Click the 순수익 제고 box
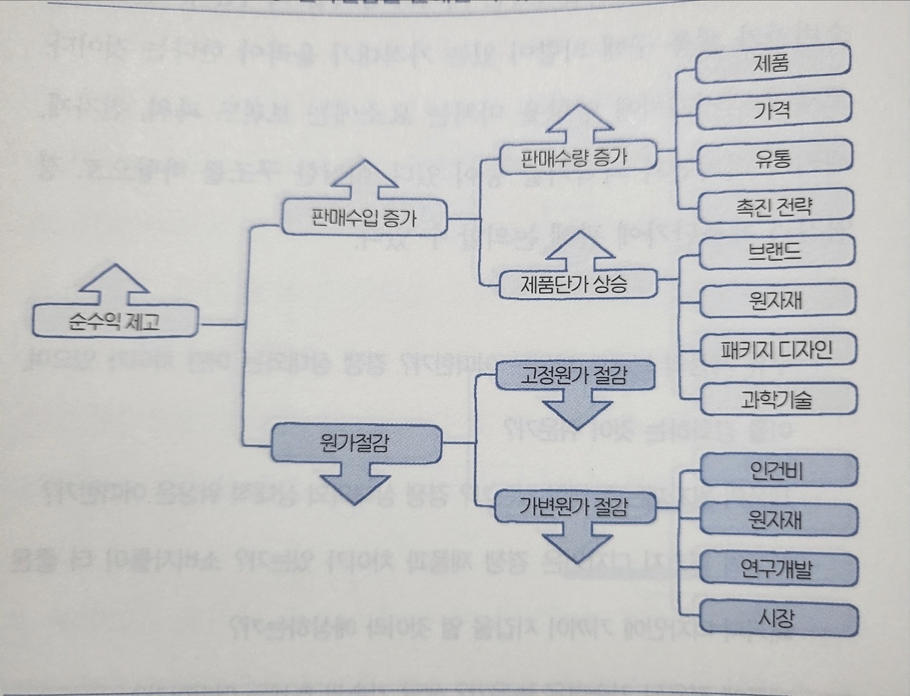(114, 321)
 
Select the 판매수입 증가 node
(364, 217)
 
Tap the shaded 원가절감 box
(355, 444)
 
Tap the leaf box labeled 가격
(772, 110)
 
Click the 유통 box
(773, 158)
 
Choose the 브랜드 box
(776, 253)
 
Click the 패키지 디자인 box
(778, 350)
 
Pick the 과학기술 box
(778, 400)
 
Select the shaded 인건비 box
(778, 471)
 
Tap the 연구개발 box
(778, 569)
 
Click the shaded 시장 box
(778, 618)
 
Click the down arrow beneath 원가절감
(355, 483)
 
